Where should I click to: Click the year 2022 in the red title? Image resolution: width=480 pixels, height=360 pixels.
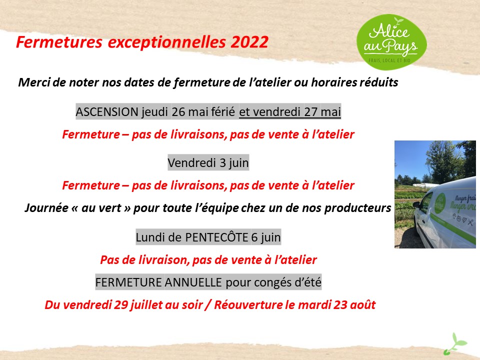tap(249, 42)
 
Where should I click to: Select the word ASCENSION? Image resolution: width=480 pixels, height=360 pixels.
tap(107, 111)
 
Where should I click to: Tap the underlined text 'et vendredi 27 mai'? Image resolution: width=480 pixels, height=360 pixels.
tap(290, 111)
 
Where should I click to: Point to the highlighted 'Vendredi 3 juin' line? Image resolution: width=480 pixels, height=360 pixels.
tap(208, 162)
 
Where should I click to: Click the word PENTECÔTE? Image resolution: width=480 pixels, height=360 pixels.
tap(216, 237)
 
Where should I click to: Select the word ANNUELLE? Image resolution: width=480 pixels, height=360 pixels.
tap(193, 282)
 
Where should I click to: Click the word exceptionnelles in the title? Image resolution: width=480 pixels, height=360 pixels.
tap(166, 42)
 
